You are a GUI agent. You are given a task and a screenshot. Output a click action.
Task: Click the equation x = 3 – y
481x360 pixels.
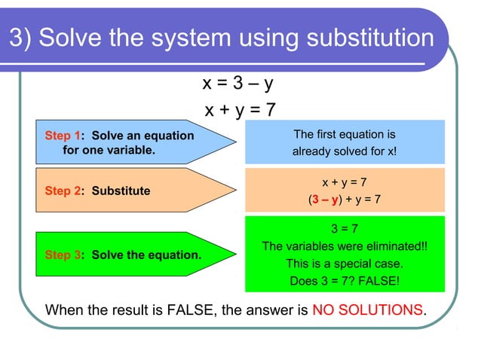coord(237,81)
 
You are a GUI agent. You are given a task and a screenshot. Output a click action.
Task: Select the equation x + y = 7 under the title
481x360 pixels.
coord(240,110)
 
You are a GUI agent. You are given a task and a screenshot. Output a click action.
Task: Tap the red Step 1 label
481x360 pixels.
coord(62,136)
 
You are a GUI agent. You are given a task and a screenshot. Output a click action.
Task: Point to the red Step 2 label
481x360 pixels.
coord(62,191)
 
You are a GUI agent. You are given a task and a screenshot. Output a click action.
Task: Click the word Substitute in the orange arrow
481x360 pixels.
coord(121,191)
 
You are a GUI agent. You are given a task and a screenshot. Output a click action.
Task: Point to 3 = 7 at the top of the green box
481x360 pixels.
coord(345,228)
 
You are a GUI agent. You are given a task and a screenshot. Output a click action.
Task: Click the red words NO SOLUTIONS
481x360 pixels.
coord(367,310)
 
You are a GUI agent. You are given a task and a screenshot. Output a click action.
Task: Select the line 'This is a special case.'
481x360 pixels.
coord(345,264)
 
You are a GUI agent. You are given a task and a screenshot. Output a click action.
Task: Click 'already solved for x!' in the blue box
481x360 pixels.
coord(345,151)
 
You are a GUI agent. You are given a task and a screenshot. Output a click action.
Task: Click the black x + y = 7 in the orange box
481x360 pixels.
coord(345,182)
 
